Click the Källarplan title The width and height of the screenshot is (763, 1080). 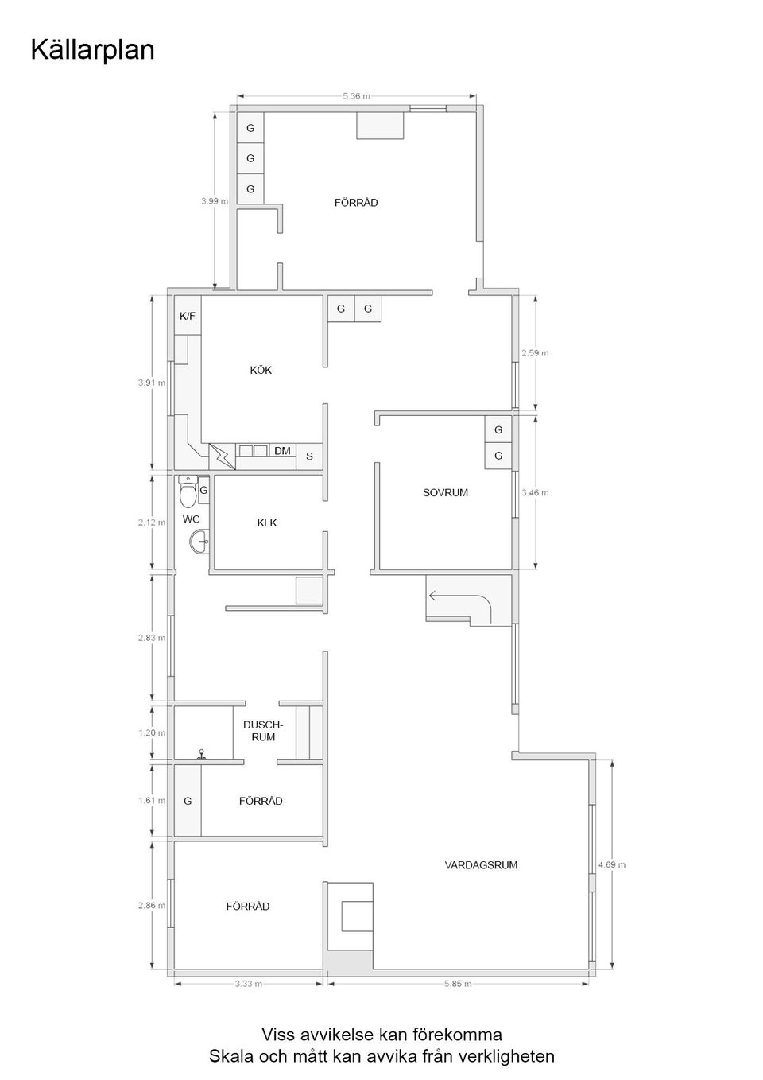coord(92,50)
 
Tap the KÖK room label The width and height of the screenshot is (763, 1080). coord(261,370)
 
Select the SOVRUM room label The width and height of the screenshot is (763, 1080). coord(445,492)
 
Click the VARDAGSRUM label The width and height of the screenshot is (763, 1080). coord(481,864)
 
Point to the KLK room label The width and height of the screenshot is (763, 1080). coord(267,523)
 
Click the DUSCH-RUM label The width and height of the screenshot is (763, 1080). coord(262,731)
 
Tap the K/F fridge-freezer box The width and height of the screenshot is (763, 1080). coord(188,316)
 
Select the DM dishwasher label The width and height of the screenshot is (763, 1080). coord(282,451)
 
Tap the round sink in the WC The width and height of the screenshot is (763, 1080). coord(199,542)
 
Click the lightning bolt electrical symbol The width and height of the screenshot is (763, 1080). coord(222,456)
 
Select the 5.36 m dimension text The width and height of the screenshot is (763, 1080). coord(356,96)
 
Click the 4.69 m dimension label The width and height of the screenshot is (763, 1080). coord(611,864)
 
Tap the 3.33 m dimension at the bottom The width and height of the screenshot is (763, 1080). coord(248,984)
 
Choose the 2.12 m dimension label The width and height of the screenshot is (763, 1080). coord(151,523)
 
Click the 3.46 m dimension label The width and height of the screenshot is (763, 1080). coord(535,492)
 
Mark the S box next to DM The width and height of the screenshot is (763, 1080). coord(309,456)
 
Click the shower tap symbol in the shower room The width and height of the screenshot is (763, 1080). coord(202,754)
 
